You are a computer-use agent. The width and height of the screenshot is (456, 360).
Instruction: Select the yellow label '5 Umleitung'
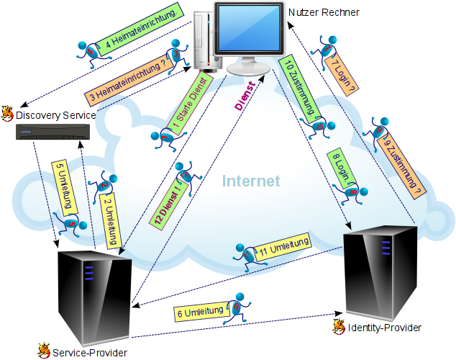pyautogui.click(x=65, y=187)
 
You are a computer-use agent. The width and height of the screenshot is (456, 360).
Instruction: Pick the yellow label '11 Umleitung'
pyautogui.click(x=283, y=247)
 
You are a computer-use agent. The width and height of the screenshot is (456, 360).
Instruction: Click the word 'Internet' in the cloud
pyautogui.click(x=250, y=181)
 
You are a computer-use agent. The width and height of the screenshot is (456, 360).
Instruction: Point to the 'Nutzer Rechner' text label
pyautogui.click(x=323, y=12)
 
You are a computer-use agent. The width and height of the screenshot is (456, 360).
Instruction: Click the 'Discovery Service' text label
pyautogui.click(x=55, y=114)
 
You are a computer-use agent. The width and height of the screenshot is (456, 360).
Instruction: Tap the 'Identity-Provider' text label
pyautogui.click(x=383, y=328)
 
